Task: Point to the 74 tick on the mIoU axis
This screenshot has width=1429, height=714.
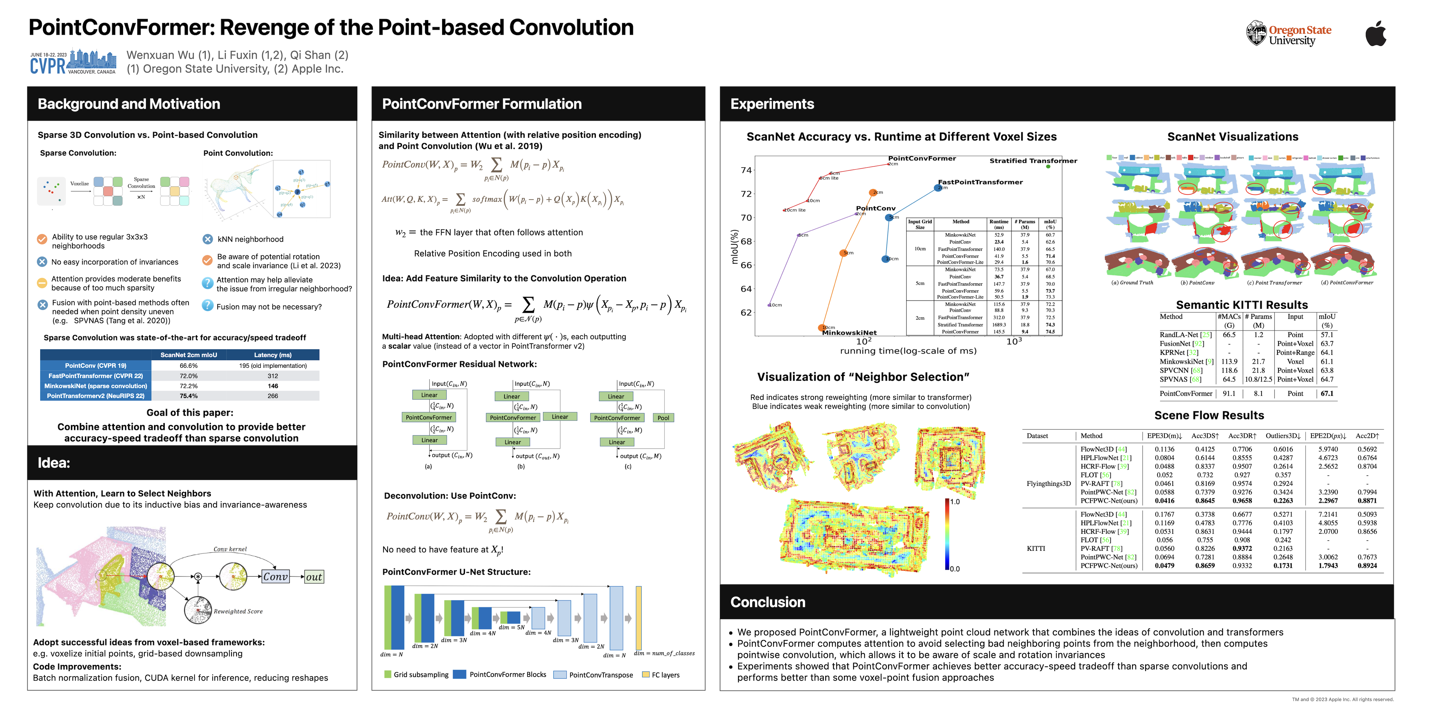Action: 746,170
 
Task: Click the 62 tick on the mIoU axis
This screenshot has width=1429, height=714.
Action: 746,313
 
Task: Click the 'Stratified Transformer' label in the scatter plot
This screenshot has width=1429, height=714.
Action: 1033,161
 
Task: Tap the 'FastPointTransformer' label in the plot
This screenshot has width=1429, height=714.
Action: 980,182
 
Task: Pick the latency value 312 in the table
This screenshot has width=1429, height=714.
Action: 272,376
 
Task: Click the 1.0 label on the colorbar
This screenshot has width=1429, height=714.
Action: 955,502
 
